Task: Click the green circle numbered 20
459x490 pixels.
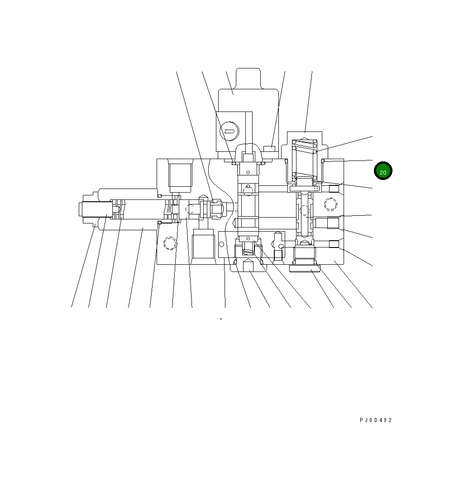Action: [x=383, y=170]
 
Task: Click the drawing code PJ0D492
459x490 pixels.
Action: [x=375, y=420]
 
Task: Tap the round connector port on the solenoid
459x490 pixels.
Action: [x=229, y=131]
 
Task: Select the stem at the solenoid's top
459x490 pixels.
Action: [x=248, y=78]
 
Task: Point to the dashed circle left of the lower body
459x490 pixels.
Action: [x=170, y=243]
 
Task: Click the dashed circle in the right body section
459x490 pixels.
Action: [x=331, y=205]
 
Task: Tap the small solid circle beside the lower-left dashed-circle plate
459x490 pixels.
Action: [x=221, y=244]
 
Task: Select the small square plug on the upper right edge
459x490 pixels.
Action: [x=334, y=189]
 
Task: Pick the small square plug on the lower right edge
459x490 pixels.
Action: [x=334, y=244]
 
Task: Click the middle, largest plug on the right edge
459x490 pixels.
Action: [x=333, y=223]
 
